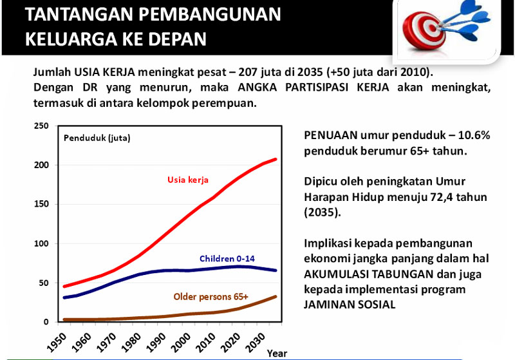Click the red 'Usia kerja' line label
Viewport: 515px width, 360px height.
188,179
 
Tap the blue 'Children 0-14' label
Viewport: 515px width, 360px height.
227,258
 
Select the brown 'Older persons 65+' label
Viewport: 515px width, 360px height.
211,297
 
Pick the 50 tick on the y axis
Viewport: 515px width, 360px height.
43,283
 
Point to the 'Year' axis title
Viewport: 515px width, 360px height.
277,353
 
